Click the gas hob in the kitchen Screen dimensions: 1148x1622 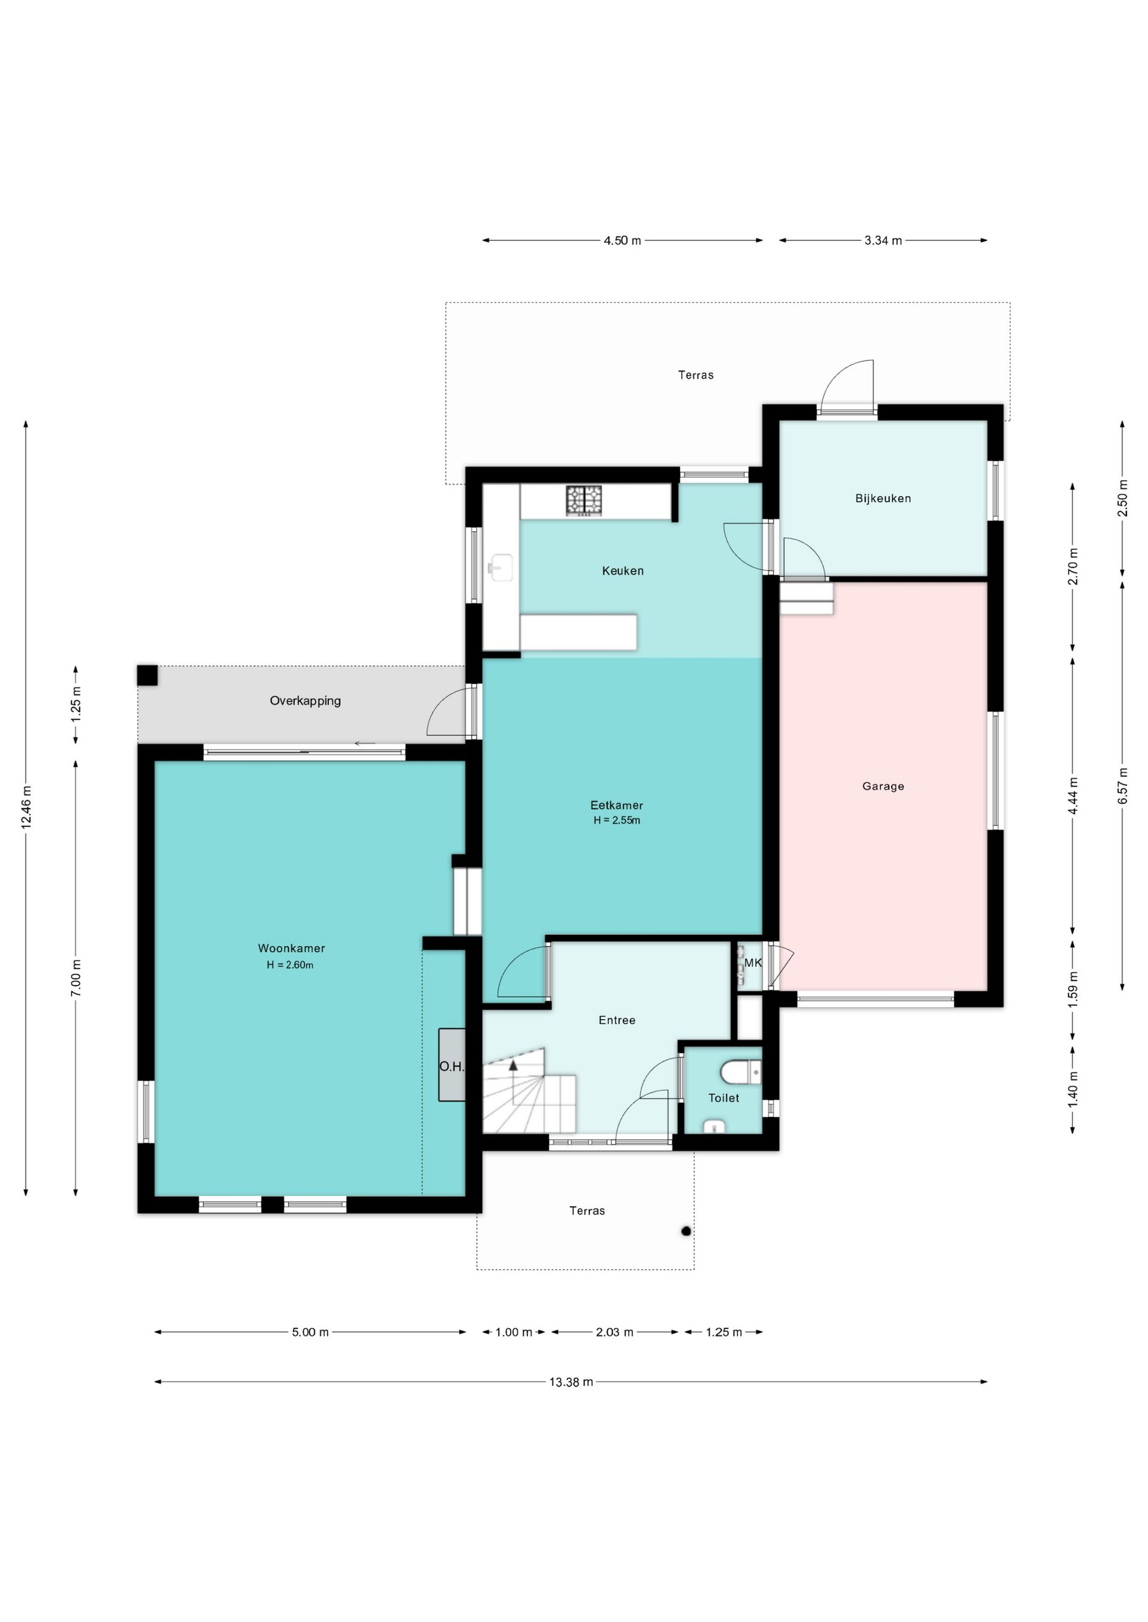point(584,500)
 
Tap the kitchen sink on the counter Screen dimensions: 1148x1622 point(501,567)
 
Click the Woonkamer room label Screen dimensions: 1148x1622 point(291,948)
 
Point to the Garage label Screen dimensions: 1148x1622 point(883,786)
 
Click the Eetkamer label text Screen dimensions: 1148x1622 point(617,805)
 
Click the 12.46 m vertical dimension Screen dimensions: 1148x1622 point(26,807)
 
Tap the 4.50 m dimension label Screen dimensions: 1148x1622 point(622,240)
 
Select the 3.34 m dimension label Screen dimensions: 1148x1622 point(883,240)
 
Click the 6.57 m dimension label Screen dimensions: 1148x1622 point(1122,785)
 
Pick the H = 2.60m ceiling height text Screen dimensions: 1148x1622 point(290,964)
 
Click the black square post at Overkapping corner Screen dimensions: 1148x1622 point(148,675)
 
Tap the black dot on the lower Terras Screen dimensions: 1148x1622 point(686,1232)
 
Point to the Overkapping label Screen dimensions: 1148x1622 point(306,701)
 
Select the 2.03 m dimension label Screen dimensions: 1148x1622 point(614,1332)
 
